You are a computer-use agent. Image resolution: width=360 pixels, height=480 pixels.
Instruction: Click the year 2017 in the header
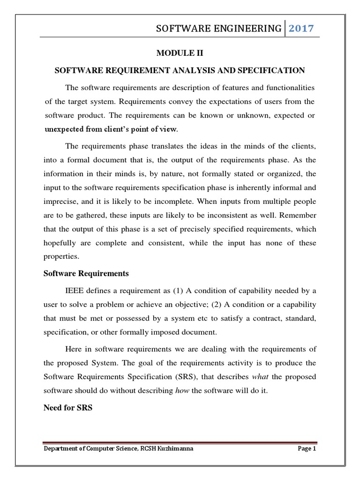tap(301, 29)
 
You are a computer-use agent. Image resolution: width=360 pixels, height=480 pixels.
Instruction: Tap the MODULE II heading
tap(180, 54)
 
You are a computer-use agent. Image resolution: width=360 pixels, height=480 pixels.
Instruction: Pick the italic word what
tap(261, 377)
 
